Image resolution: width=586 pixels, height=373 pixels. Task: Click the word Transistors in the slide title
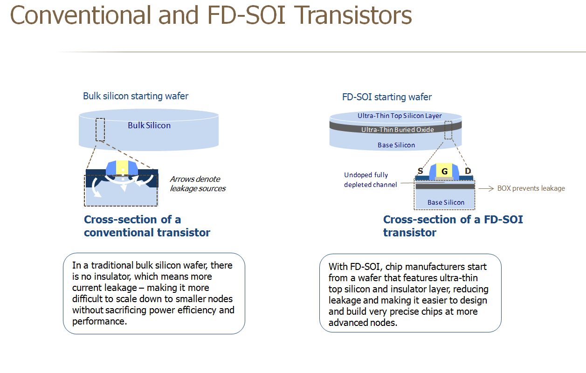tap(353, 15)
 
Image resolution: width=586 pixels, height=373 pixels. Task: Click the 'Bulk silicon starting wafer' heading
tap(136, 96)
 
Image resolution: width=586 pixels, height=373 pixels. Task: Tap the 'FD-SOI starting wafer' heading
tap(387, 97)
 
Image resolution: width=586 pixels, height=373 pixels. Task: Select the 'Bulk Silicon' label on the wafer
tap(149, 125)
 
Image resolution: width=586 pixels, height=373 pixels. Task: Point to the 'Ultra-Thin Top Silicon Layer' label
tap(400, 116)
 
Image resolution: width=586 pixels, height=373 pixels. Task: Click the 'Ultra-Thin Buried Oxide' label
tap(398, 130)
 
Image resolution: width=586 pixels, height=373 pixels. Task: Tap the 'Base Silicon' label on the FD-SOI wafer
tap(396, 145)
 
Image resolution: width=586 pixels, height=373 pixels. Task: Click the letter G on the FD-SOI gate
tap(444, 172)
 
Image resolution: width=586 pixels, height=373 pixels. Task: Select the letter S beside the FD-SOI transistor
tap(421, 171)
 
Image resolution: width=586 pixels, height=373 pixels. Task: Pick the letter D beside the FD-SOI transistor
tap(468, 171)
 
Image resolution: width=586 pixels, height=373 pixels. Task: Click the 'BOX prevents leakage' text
tap(531, 188)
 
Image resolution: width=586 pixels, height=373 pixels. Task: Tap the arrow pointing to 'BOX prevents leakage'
tap(486, 188)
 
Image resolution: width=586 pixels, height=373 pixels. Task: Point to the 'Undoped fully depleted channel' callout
tap(371, 180)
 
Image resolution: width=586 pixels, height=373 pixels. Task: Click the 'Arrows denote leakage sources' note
tap(198, 184)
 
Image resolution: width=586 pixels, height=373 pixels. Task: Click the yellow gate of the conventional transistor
tap(122, 167)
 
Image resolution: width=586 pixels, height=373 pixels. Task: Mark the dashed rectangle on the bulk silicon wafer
tap(100, 130)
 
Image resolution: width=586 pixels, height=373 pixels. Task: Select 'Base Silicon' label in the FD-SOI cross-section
tap(446, 202)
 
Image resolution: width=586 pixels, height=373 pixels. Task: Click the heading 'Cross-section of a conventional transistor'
tap(147, 226)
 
